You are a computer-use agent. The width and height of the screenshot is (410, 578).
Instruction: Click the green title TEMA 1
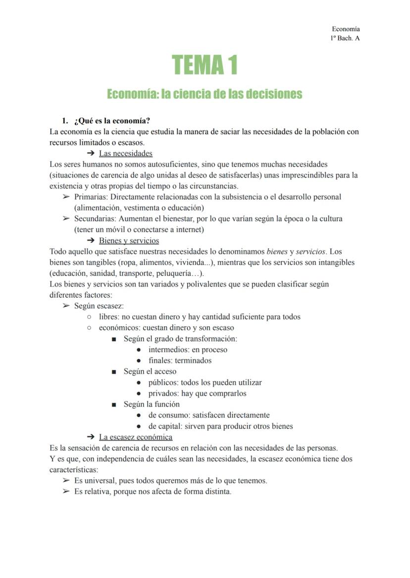coord(205,65)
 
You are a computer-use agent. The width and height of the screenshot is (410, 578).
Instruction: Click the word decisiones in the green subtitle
coord(273,94)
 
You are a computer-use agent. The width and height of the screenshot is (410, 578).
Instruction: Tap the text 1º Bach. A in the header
coord(345,38)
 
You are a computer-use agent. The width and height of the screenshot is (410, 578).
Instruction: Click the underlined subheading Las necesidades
coord(125,153)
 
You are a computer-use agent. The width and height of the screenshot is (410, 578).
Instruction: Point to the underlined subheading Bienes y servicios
coord(129,241)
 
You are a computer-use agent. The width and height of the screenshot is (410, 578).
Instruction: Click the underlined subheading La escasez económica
coord(136,437)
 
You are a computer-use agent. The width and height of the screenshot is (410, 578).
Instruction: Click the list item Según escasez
coord(99,306)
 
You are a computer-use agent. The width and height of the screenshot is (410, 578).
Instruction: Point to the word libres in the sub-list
coord(109,317)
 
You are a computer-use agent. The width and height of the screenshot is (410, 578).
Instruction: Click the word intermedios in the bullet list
coord(169,350)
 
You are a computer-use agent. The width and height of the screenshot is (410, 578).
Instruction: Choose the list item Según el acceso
coord(150,371)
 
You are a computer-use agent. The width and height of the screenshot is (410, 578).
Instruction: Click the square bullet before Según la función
coord(114,404)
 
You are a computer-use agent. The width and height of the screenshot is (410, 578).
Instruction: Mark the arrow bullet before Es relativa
coord(66,491)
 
